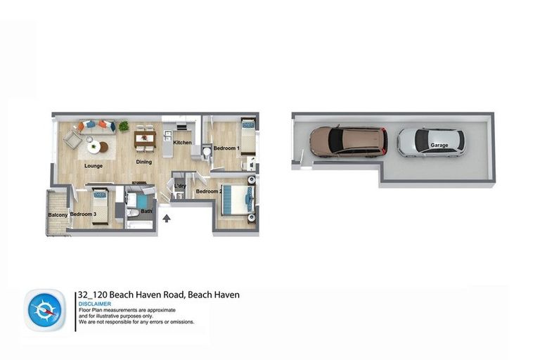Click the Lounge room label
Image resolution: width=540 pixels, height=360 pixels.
(94, 166)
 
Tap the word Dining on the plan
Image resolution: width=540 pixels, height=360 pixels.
(143, 162)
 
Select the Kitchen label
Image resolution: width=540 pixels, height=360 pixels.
(182, 143)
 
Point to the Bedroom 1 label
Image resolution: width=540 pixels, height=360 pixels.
(226, 148)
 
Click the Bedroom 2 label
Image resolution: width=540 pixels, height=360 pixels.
(209, 191)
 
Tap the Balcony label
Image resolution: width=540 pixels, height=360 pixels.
(58, 214)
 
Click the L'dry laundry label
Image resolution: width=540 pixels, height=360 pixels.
(180, 186)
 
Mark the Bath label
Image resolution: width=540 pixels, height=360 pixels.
(146, 211)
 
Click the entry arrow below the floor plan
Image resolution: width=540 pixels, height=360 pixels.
(167, 219)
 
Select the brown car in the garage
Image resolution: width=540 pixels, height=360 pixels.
(349, 141)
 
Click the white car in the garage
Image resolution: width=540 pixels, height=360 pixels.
(430, 142)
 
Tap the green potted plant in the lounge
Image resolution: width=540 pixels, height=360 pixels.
(124, 127)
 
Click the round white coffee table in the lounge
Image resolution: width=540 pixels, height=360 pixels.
(94, 147)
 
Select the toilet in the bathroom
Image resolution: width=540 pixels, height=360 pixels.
(133, 212)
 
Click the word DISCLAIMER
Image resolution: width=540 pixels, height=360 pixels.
(95, 304)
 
